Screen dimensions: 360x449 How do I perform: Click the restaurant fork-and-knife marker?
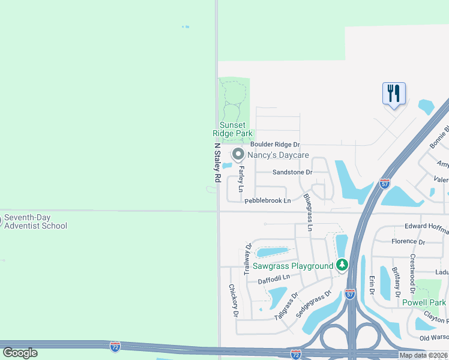[394, 94]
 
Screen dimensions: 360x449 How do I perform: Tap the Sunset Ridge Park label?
[233, 129]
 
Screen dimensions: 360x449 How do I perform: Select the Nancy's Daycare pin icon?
[238, 155]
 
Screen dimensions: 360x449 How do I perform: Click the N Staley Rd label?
[217, 163]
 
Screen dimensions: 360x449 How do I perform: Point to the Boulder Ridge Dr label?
[275, 145]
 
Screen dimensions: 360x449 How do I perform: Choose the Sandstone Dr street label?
[292, 172]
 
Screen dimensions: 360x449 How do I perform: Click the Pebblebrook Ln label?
[267, 200]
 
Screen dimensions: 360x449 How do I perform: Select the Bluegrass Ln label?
[308, 212]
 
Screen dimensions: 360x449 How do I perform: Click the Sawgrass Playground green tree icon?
[342, 265]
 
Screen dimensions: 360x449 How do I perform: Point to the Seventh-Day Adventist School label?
[36, 222]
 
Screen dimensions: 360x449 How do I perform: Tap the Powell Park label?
[424, 302]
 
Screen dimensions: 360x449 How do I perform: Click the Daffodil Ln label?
[274, 277]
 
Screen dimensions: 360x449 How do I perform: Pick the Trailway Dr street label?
[247, 259]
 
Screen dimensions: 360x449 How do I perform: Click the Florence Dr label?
[408, 241]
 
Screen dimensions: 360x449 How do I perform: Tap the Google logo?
[20, 353]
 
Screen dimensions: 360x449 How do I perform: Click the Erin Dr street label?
[372, 284]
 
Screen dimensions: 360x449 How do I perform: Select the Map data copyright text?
[424, 355]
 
